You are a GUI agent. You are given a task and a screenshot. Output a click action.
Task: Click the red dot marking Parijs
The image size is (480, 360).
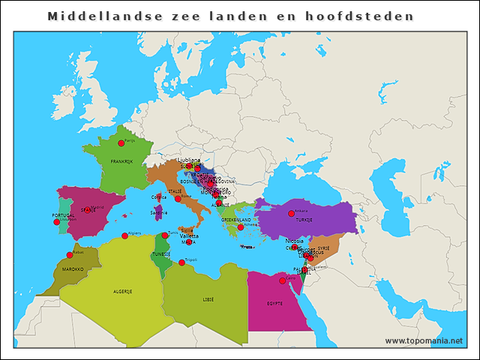[121, 142]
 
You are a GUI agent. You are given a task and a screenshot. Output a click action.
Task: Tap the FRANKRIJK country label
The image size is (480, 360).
[121, 161]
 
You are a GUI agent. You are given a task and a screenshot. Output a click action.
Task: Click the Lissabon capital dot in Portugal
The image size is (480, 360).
[56, 222]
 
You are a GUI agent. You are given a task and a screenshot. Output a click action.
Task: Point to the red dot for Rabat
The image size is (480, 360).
[70, 255]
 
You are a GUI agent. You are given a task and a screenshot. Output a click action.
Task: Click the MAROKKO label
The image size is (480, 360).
[73, 268]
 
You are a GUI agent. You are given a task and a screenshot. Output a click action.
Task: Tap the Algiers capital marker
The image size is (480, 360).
[124, 236]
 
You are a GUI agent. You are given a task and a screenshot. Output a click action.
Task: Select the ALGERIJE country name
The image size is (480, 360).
[122, 291]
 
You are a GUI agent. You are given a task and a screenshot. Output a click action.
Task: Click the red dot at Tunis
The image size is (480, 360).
[165, 235]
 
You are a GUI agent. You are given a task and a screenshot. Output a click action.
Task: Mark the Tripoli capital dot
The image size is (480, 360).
[181, 262]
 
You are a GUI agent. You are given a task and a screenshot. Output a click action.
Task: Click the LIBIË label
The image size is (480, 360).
[208, 298]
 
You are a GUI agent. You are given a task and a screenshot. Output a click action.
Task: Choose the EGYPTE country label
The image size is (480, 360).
[274, 304]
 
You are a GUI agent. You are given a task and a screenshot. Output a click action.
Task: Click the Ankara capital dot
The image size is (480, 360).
[292, 213]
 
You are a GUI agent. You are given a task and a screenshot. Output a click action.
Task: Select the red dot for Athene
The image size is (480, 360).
[241, 227]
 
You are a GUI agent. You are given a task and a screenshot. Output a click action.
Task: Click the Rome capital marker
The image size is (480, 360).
[178, 199]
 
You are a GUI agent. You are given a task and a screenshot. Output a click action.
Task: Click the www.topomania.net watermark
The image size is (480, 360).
[423, 340]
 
